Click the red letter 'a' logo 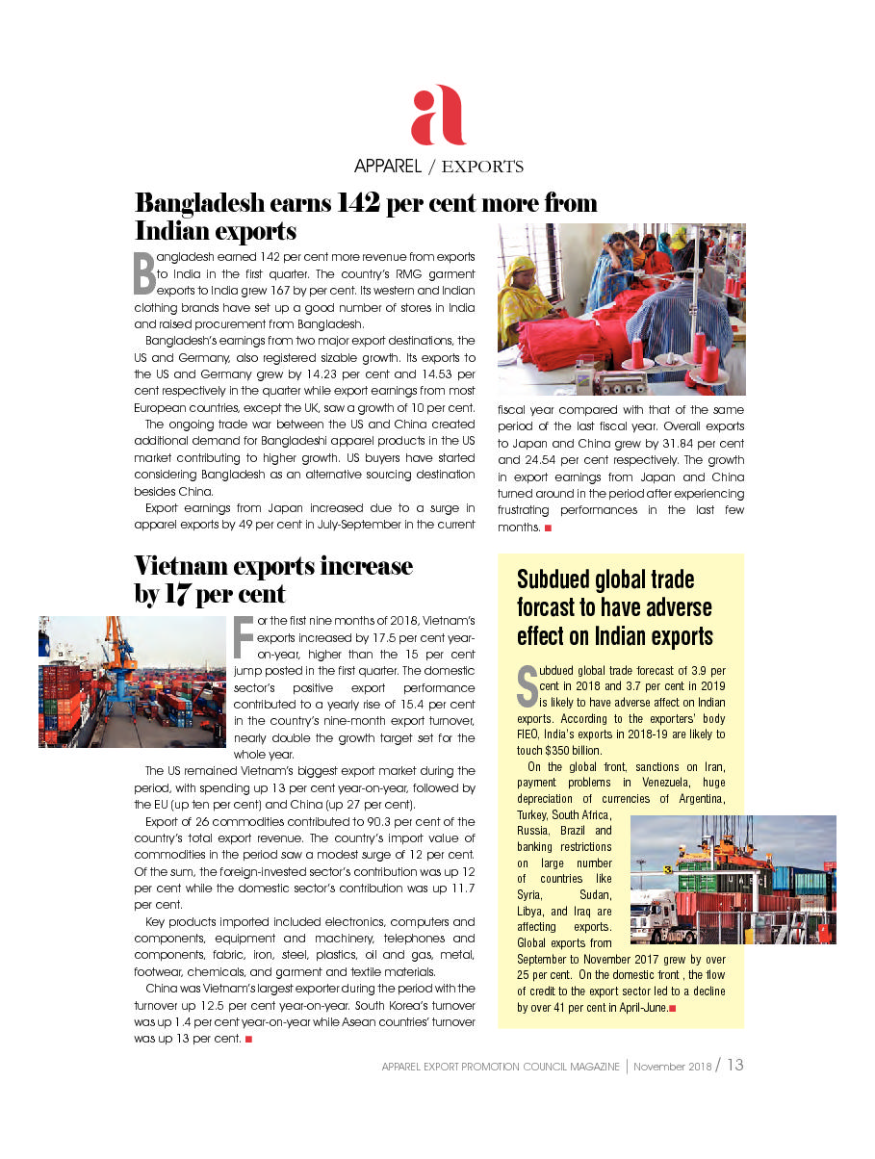[438, 116]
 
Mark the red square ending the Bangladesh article [548, 528]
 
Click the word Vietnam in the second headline [184, 566]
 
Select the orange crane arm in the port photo [120, 640]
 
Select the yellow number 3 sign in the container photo [668, 869]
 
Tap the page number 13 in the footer [735, 1066]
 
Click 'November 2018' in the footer [671, 1067]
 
